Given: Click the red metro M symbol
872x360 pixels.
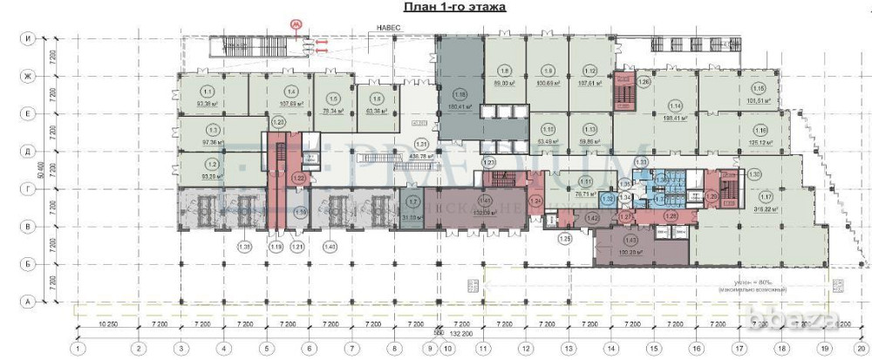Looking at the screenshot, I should coord(297,25).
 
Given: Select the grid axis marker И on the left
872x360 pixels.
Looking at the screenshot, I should coord(28,39).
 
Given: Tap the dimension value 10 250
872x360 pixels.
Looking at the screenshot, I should coord(107,324).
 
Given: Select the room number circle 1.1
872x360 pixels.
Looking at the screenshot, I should coord(208,91).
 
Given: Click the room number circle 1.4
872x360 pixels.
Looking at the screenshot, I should coord(292,91).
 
